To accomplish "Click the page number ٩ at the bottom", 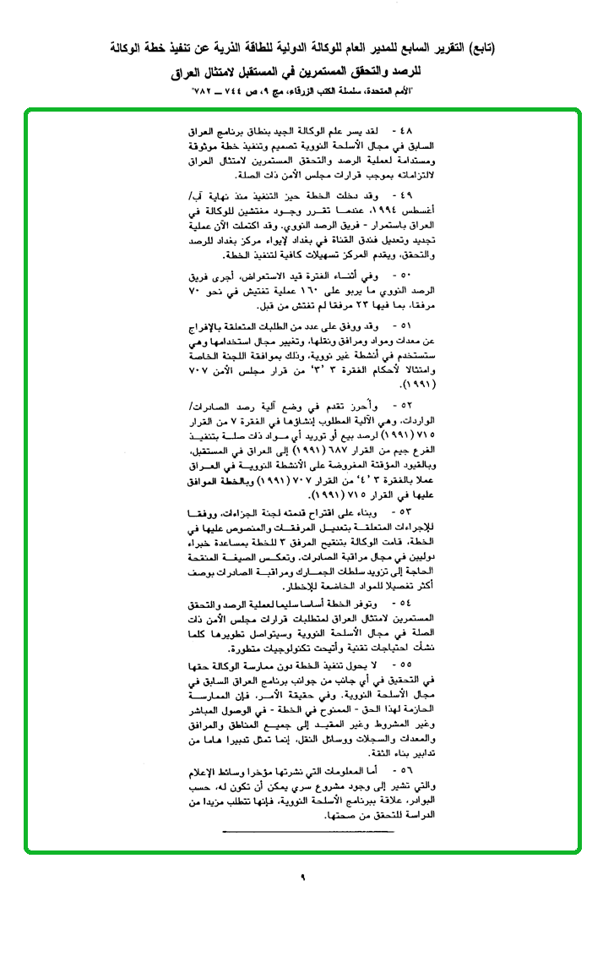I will (301, 877).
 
